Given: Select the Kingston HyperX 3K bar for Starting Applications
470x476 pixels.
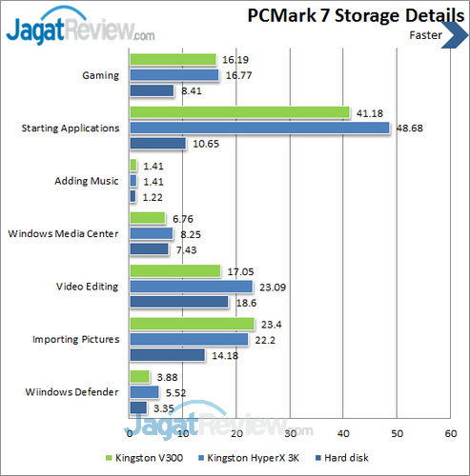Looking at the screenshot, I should (258, 128).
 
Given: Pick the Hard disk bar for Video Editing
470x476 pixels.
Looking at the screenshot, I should (178, 302).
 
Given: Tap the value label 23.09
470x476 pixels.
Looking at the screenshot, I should (271, 286).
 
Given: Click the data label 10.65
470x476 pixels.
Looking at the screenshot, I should (205, 144).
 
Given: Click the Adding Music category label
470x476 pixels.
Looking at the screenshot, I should (91, 180).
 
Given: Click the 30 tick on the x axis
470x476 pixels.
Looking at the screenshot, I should (289, 432).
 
